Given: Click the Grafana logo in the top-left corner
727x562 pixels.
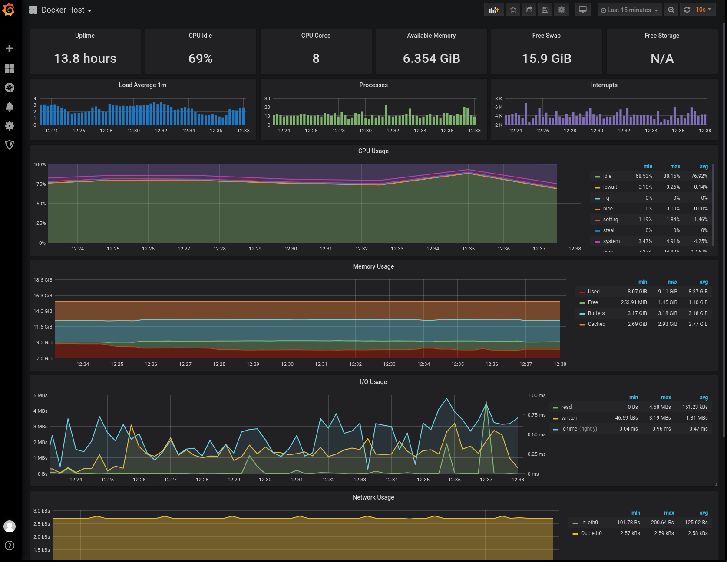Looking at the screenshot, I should click(x=9, y=10).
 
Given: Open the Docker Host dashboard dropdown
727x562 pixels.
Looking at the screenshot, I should click(x=61, y=10).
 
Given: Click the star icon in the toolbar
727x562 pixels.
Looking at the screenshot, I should click(x=513, y=10).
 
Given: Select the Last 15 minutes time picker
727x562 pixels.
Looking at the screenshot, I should click(x=629, y=10).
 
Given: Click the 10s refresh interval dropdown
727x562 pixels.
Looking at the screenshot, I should click(x=704, y=10).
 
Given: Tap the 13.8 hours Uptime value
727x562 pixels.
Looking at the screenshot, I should click(x=85, y=59).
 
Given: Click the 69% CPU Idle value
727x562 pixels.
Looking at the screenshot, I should click(x=200, y=59).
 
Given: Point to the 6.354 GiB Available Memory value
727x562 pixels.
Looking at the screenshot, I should click(x=431, y=59).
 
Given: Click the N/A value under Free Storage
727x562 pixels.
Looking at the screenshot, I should click(x=662, y=59).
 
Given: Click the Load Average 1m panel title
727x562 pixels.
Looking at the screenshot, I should click(x=142, y=85).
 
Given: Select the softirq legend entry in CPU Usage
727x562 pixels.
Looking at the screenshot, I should click(x=610, y=220).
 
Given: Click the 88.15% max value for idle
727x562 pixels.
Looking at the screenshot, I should click(x=671, y=176).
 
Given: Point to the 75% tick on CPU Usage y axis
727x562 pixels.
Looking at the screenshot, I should click(x=41, y=184).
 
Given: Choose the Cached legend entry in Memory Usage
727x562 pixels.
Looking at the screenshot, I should click(x=596, y=324).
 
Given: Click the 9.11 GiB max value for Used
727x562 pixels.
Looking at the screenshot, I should click(x=668, y=292).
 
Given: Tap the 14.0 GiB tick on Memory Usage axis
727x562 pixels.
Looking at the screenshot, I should click(x=43, y=311).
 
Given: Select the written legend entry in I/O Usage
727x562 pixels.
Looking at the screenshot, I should click(x=569, y=418).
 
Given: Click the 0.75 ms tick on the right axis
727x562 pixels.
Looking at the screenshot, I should click(x=536, y=415).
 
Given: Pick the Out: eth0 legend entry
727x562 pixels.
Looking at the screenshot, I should click(x=591, y=533).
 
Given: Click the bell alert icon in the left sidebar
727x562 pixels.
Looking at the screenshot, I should click(x=10, y=107).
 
